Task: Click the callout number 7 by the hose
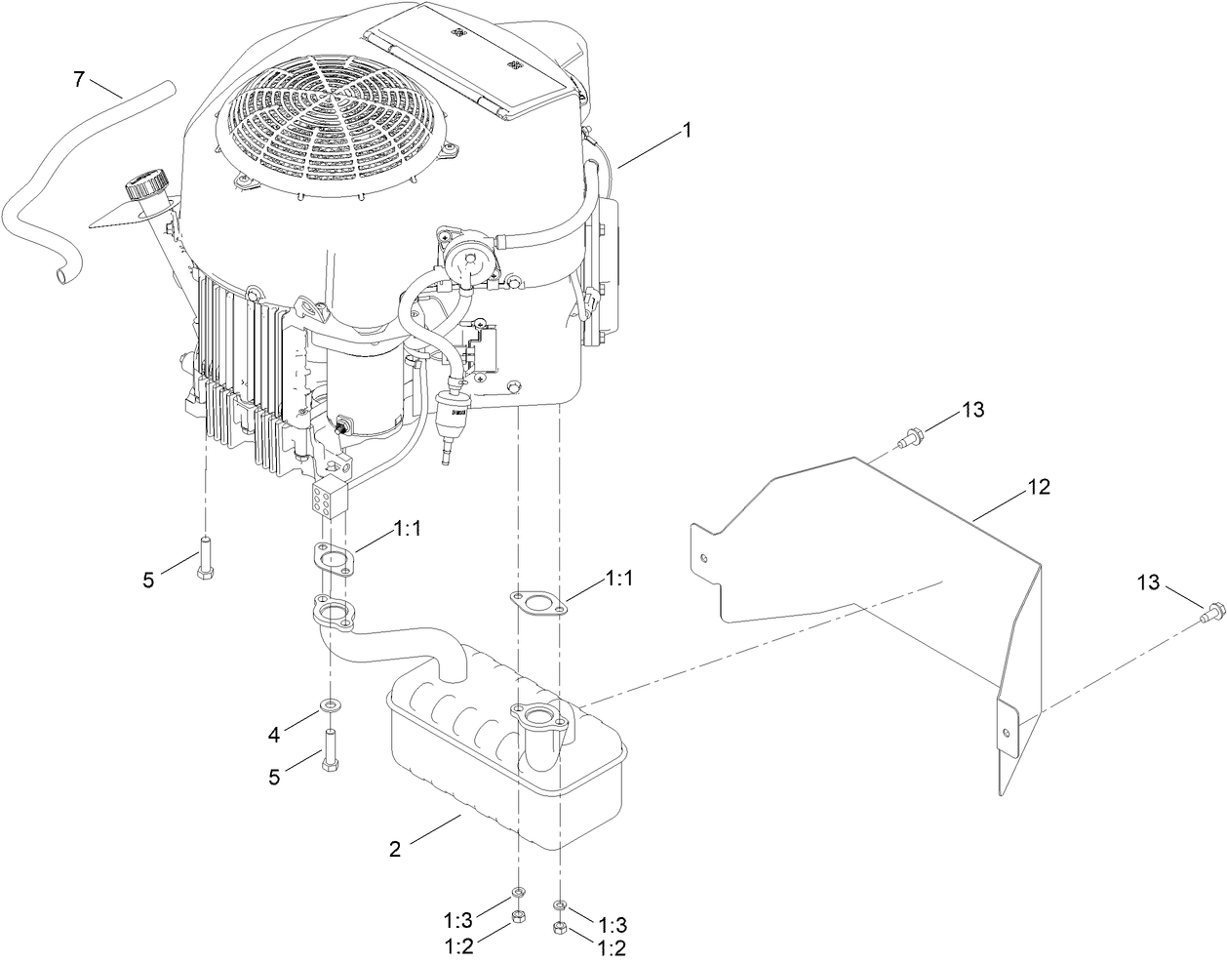(x=80, y=78)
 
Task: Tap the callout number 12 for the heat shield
(x=1039, y=487)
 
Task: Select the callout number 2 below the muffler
(x=395, y=848)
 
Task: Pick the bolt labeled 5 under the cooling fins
(x=206, y=558)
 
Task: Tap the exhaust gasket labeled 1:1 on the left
(x=334, y=561)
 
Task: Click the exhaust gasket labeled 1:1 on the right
(x=537, y=602)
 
